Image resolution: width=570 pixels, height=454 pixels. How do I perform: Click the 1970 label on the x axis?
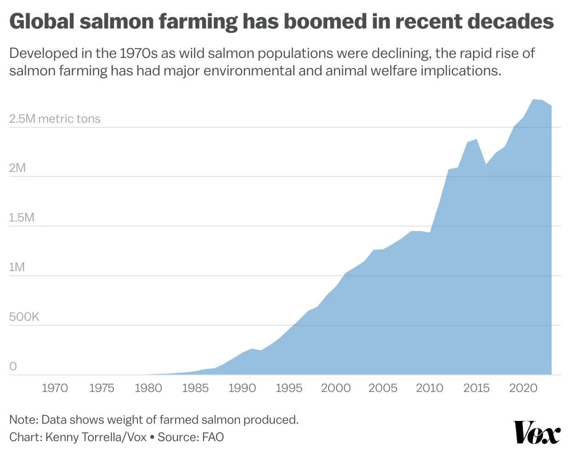[x=55, y=388]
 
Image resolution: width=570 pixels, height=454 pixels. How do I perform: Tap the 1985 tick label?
[x=195, y=388]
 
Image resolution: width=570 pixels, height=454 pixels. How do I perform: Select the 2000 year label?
[x=336, y=388]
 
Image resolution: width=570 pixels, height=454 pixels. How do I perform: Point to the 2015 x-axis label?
[x=476, y=388]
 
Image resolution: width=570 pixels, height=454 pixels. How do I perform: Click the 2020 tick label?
[x=523, y=388]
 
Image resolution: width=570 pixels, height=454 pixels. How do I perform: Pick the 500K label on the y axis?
[x=24, y=317]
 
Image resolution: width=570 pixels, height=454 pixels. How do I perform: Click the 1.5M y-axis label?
[x=22, y=217]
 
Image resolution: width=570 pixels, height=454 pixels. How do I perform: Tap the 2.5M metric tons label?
[x=54, y=119]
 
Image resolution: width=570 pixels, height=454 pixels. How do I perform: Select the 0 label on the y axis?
[x=13, y=367]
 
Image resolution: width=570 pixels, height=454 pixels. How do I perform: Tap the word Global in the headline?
[x=41, y=22]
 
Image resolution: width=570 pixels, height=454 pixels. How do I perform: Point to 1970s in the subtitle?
[x=138, y=53]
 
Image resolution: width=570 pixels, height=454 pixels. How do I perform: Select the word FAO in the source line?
[x=213, y=437]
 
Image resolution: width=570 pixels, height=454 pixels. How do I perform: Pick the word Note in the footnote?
[x=23, y=420]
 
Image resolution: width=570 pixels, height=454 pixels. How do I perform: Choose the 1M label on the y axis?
[x=17, y=267]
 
